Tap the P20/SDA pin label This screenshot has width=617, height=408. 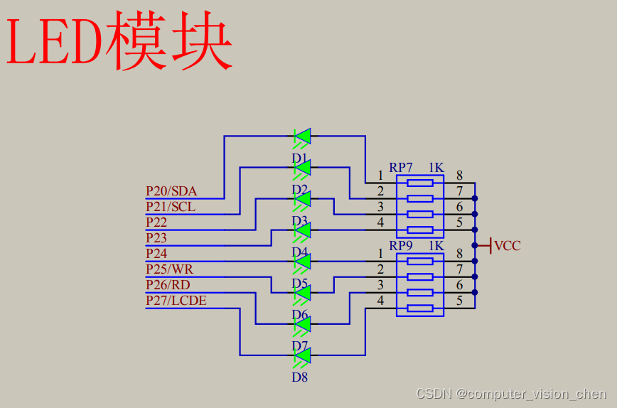click(x=171, y=191)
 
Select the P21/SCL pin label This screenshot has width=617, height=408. click(x=171, y=207)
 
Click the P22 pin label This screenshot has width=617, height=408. click(x=156, y=222)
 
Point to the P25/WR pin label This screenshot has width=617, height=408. click(x=169, y=269)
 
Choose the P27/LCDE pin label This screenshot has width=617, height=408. click(x=176, y=301)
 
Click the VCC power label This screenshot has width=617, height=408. click(x=508, y=246)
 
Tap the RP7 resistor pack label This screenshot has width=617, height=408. click(x=401, y=168)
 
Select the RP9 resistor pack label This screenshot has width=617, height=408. click(x=401, y=246)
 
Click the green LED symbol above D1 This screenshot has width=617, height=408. click(x=302, y=136)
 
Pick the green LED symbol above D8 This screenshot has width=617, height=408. click(x=302, y=355)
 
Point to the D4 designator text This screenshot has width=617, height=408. click(x=299, y=252)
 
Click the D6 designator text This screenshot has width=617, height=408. click(x=299, y=314)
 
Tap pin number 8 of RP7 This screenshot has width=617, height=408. click(x=459, y=176)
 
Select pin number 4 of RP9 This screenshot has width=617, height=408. click(x=380, y=301)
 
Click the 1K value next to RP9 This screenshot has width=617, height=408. click(x=436, y=246)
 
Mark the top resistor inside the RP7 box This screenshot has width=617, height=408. click(x=419, y=183)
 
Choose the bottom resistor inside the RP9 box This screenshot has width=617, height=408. click(x=419, y=308)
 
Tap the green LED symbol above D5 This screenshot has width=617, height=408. click(x=302, y=292)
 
